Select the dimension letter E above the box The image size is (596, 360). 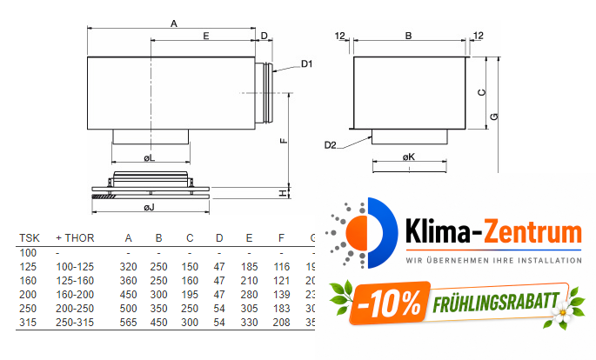click(x=205, y=37)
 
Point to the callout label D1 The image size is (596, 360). click(x=307, y=64)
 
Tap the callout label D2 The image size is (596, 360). click(x=330, y=144)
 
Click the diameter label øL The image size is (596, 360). click(x=150, y=158)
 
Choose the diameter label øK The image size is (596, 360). click(x=409, y=157)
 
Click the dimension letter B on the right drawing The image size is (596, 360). click(x=409, y=37)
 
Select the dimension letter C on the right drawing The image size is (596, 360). click(x=481, y=92)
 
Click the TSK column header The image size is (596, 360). click(x=29, y=238)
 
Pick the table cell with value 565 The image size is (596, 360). click(x=128, y=323)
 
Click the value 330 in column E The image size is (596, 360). click(x=249, y=323)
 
